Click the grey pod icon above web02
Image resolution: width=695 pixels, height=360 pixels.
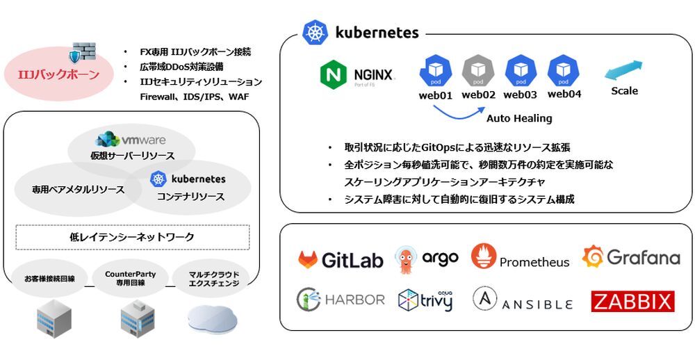[478, 71]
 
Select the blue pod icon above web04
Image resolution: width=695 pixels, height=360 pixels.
[564, 71]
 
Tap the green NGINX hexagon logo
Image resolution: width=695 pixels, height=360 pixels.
[334, 75]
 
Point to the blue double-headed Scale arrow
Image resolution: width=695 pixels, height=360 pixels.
[623, 70]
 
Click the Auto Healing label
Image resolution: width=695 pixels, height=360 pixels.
[519, 118]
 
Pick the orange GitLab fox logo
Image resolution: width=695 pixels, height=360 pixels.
[308, 259]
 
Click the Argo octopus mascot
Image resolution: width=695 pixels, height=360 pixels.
[406, 260]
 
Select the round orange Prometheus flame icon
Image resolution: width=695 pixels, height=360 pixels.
[484, 256]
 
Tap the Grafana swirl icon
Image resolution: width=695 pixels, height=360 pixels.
[593, 256]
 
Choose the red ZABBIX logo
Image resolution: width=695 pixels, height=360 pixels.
[632, 302]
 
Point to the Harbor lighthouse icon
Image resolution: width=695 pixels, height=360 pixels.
[309, 300]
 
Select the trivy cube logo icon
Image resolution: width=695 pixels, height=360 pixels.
[408, 300]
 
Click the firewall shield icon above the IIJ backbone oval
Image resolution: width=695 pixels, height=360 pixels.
[82, 53]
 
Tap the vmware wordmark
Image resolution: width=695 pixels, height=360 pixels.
[144, 140]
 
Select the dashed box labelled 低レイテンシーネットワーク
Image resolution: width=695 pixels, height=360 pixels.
[133, 237]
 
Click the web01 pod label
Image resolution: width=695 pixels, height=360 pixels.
[435, 95]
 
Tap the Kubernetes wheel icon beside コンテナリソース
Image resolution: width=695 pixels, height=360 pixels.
[158, 179]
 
